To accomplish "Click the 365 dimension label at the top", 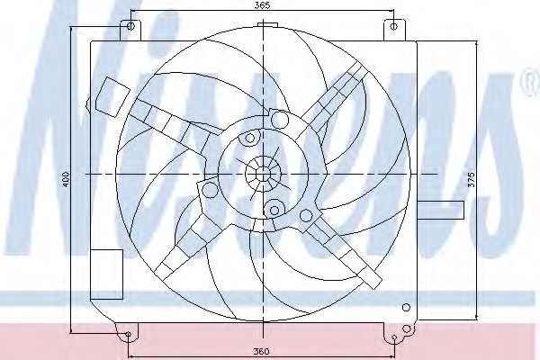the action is [x=263, y=5].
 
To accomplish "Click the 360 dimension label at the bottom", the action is [x=261, y=351].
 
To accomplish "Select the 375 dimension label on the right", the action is [x=472, y=179].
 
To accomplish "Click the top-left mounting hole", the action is [x=130, y=26].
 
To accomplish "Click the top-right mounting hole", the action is [x=394, y=26].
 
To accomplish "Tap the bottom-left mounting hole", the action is [x=128, y=334].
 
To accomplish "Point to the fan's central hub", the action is [x=263, y=175].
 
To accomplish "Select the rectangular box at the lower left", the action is [x=106, y=274].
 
